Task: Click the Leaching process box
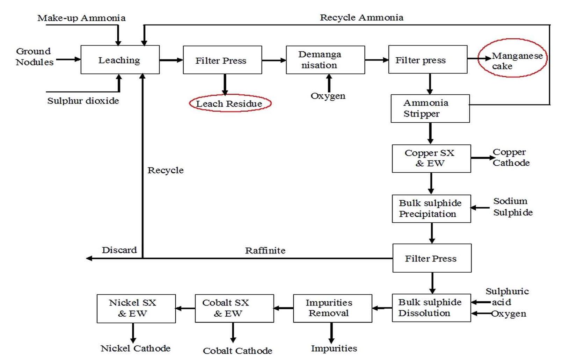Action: tap(120, 60)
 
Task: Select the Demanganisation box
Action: tap(325, 60)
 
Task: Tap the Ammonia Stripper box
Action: tap(430, 108)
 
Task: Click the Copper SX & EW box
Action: tap(431, 158)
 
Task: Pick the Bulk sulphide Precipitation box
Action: tap(431, 209)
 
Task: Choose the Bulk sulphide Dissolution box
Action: tap(431, 308)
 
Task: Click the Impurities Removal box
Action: tap(332, 308)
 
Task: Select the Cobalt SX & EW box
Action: tap(234, 308)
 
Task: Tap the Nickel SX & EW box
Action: tap(136, 308)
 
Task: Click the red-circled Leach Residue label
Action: tap(230, 103)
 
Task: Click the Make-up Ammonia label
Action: tap(81, 18)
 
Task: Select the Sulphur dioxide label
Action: tap(83, 101)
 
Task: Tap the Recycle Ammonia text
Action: tap(361, 17)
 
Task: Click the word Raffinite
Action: tap(265, 251)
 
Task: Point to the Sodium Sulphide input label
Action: tap(512, 207)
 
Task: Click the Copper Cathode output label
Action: tap(511, 158)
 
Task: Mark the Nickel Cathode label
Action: tap(136, 348)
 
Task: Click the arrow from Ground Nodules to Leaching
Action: tap(68, 59)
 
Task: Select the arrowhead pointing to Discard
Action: tap(89, 258)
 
